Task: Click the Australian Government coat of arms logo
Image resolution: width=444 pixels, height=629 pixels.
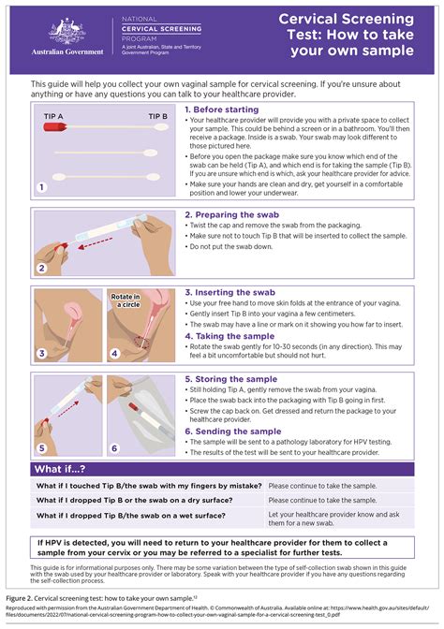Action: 65,34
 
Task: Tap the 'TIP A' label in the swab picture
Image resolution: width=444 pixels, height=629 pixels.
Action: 53,117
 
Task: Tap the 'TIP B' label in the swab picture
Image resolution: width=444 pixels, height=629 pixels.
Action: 157,117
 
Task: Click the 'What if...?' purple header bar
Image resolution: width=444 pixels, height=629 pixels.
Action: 222,468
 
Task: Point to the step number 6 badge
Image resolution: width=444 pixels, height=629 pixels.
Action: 114,447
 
